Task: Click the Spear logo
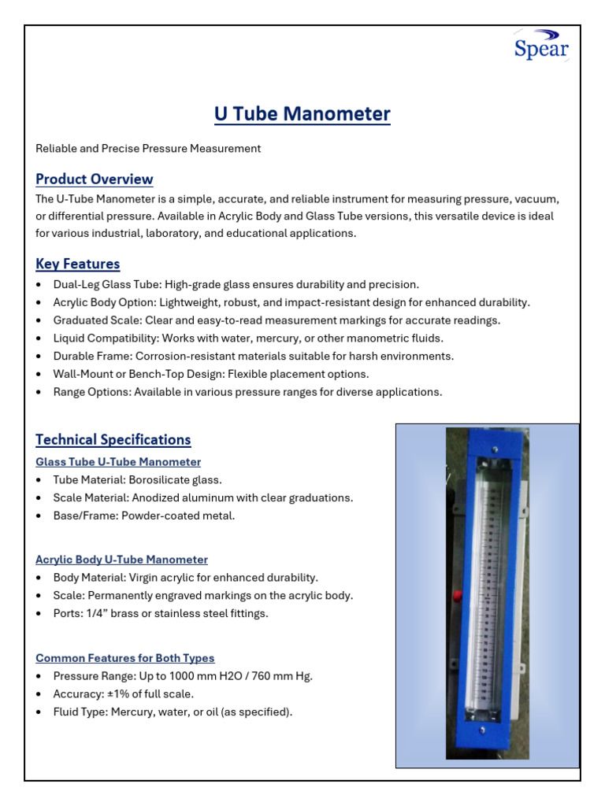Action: (541, 46)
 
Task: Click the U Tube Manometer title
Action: (302, 115)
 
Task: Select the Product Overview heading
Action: (95, 179)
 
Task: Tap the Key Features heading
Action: (78, 264)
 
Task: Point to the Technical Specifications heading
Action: (113, 439)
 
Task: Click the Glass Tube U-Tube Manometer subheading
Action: (118, 462)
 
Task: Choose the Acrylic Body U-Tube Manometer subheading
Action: (122, 560)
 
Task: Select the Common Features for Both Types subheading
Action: (125, 658)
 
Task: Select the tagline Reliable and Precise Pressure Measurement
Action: (148, 148)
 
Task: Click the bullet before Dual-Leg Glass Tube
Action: (40, 285)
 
